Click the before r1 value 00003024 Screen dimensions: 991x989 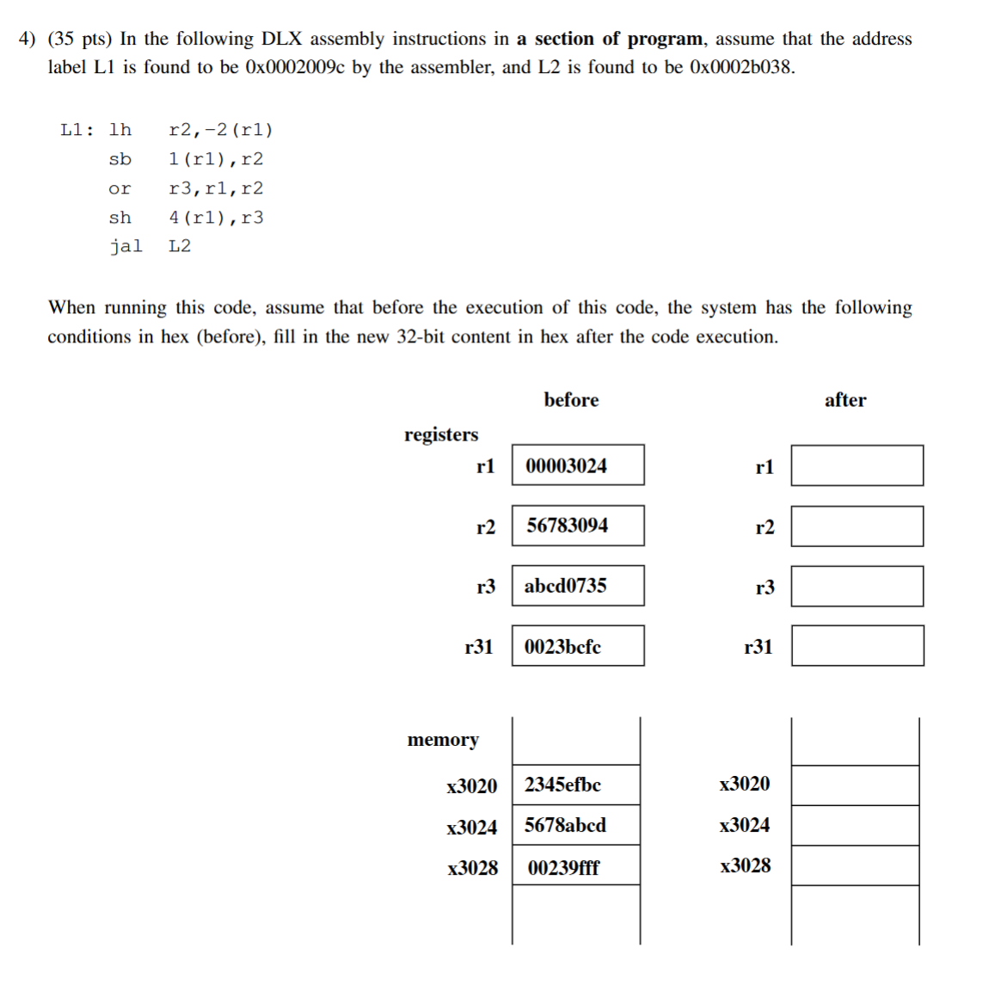pos(566,465)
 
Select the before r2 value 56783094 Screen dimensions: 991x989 pos(567,525)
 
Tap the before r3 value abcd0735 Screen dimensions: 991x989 pos(565,586)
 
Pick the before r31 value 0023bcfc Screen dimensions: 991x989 pos(562,646)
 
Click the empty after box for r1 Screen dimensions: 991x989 pos(857,465)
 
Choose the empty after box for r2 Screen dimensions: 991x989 pos(857,526)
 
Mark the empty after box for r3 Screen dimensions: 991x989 pos(857,586)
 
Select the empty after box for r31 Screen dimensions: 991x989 pos(857,646)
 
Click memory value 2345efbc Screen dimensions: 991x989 pos(562,785)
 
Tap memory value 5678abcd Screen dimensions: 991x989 pos(565,825)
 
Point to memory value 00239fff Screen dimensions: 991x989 pos(563,867)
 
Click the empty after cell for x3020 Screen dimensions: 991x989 pos(855,785)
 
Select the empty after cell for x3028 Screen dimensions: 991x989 pos(855,865)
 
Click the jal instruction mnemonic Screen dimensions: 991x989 pos(126,246)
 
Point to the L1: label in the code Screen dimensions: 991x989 pos(77,130)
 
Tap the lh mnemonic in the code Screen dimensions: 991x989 pos(120,130)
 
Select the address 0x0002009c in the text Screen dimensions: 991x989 pos(295,67)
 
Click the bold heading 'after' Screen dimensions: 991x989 pos(845,400)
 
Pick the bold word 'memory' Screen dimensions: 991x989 pos(443,740)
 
